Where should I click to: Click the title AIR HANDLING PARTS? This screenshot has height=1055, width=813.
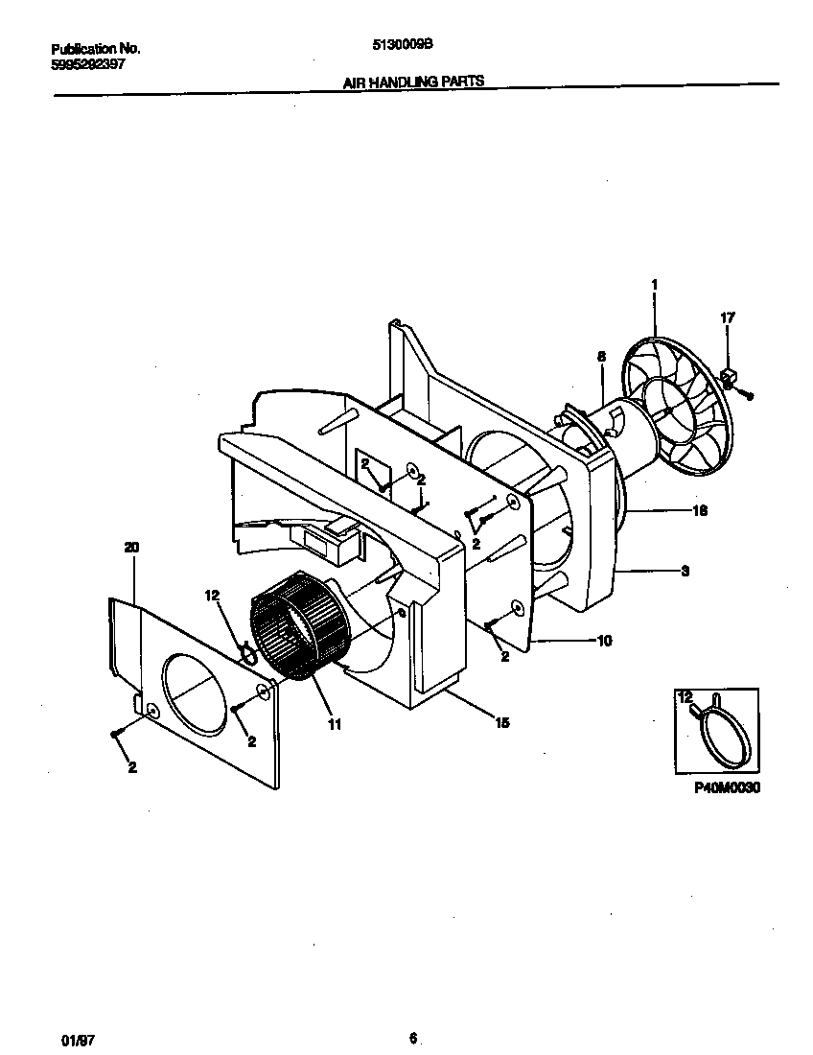413,82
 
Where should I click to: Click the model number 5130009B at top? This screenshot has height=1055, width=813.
406,44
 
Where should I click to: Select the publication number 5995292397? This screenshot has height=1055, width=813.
87,64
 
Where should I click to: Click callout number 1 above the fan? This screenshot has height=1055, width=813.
654,285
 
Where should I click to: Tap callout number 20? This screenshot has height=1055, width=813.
131,547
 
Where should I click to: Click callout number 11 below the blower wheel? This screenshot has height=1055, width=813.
334,725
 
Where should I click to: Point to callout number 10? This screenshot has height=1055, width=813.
604,640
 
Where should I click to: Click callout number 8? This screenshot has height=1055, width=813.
602,356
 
